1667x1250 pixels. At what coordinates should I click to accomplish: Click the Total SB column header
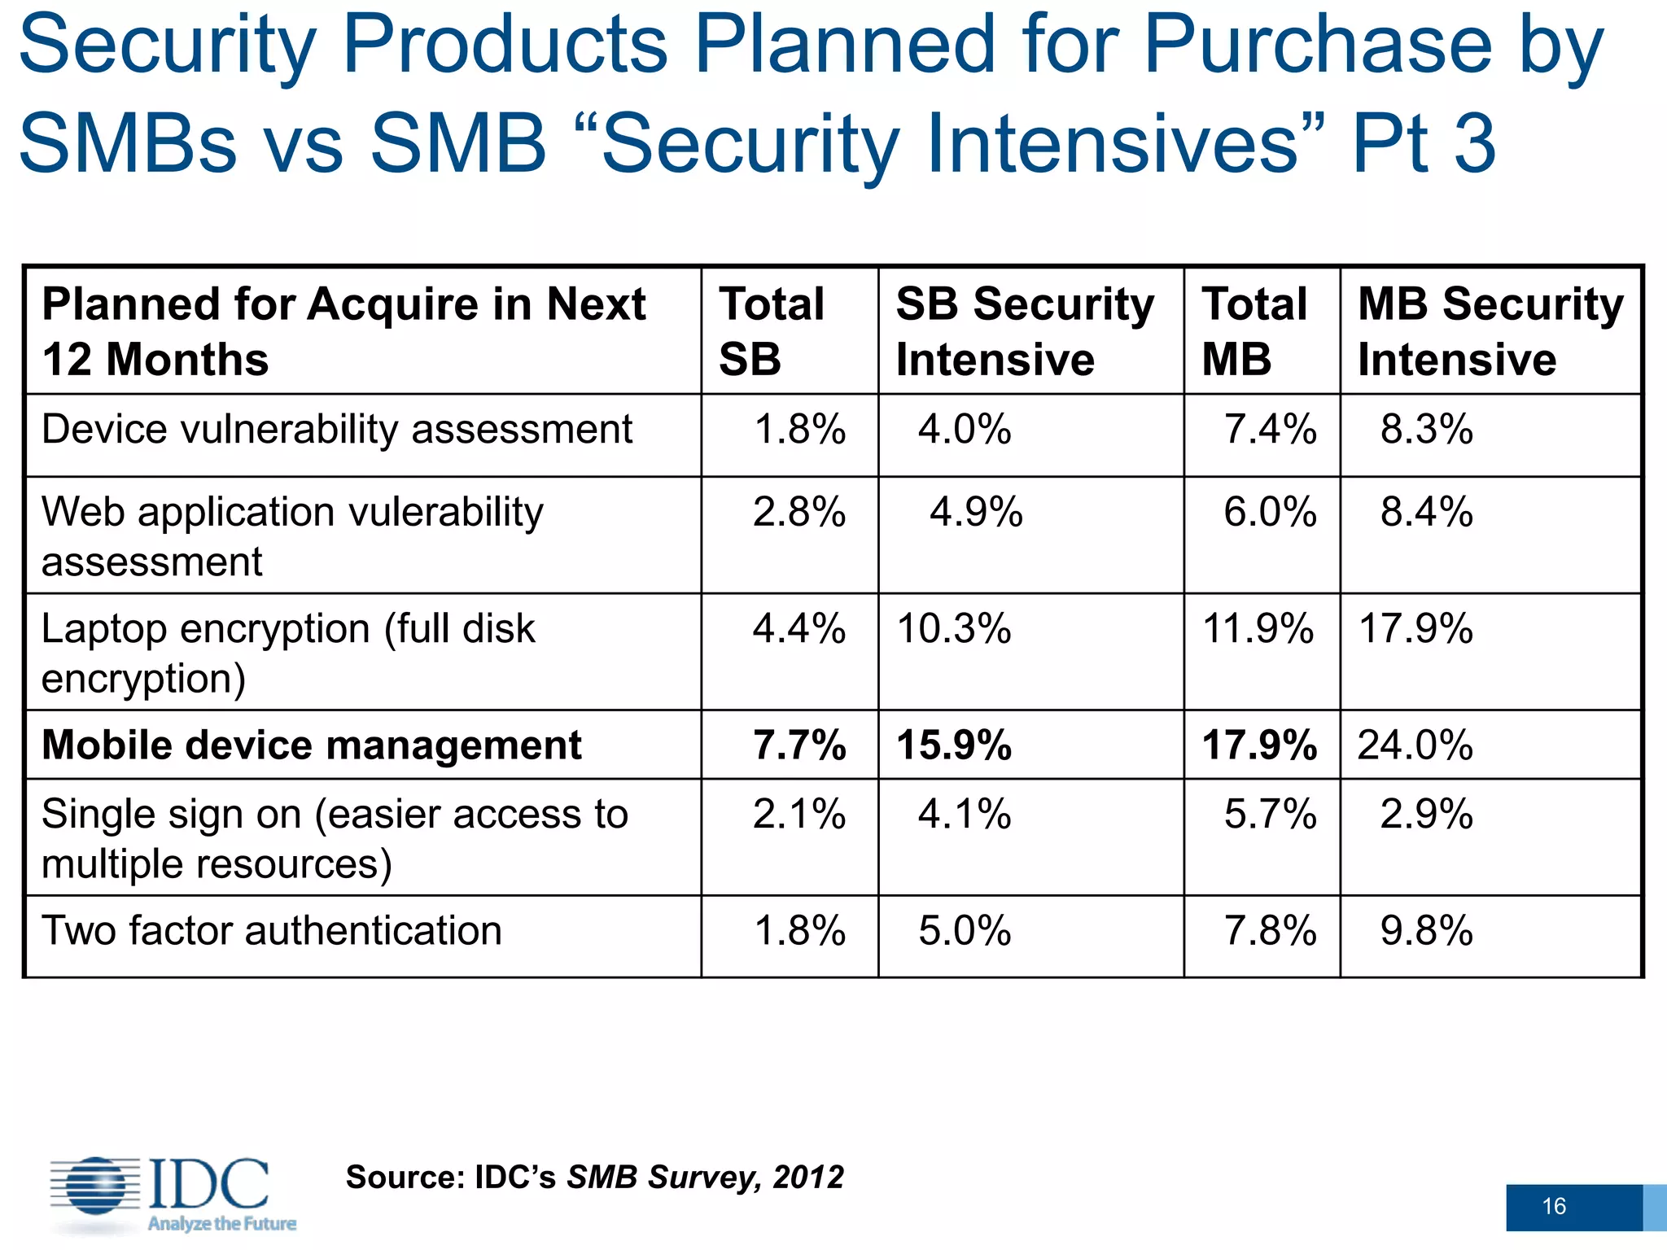click(771, 331)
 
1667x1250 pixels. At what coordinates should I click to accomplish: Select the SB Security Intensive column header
click(1024, 331)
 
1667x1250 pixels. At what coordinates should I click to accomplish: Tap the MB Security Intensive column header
click(1490, 331)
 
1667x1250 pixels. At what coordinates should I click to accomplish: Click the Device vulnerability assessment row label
click(336, 429)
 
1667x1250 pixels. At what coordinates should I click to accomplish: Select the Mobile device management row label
click(311, 745)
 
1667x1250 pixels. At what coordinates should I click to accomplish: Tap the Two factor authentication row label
click(271, 930)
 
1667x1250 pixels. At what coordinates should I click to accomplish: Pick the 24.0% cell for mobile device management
click(1415, 745)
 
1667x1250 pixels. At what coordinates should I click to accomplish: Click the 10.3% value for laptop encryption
click(953, 629)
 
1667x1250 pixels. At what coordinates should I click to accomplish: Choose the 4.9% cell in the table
click(975, 513)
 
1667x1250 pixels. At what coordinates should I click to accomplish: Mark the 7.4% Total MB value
click(1270, 429)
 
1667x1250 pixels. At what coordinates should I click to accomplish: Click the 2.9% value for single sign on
click(1426, 814)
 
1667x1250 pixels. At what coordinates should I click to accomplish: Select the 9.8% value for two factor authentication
click(1426, 930)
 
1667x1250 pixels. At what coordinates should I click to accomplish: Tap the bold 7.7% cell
click(798, 745)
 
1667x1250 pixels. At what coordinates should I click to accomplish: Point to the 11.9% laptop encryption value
click(1258, 629)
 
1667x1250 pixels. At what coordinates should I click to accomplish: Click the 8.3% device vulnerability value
click(1426, 429)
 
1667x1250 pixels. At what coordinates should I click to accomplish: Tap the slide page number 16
click(1554, 1206)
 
